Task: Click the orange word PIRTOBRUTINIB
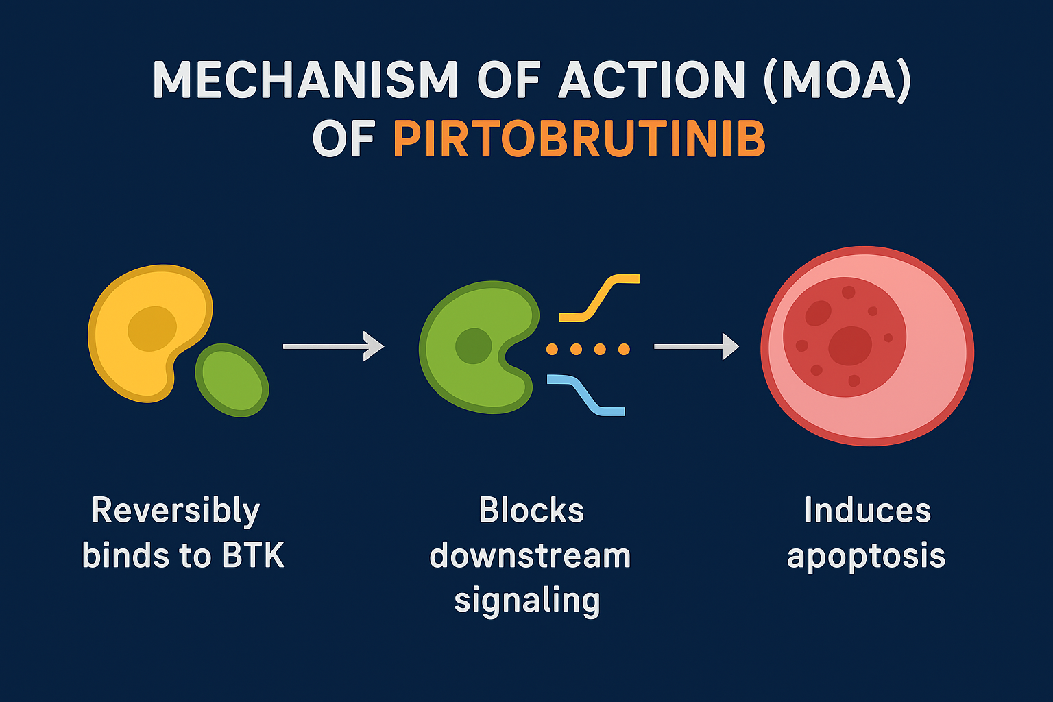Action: click(579, 139)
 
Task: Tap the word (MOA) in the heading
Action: click(838, 80)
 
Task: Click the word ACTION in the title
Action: click(651, 80)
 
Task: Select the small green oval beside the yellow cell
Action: click(232, 380)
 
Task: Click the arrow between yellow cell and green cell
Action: click(333, 346)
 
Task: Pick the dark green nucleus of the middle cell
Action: click(474, 346)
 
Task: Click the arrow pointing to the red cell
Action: click(696, 346)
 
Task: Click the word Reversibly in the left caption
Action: click(175, 511)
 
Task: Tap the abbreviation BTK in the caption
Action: click(254, 555)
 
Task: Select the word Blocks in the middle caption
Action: click(531, 511)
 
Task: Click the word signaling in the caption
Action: click(526, 601)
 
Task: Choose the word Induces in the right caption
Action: click(867, 511)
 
